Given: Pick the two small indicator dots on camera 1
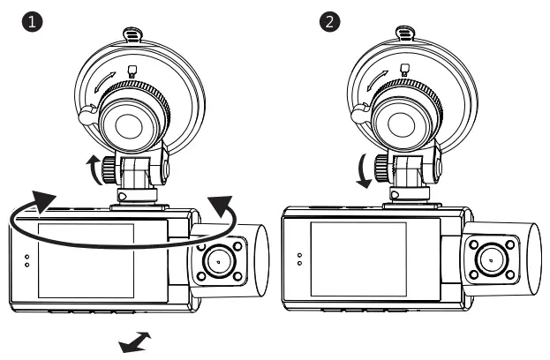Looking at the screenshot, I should (26, 261).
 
